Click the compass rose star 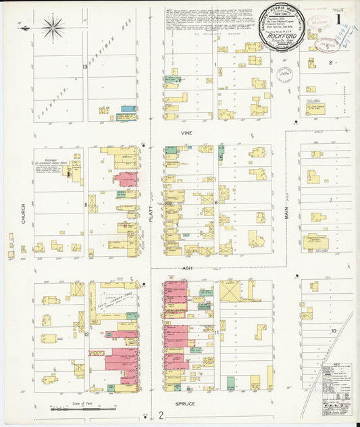[53, 27]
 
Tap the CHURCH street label [23, 214]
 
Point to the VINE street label [186, 133]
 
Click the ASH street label [187, 268]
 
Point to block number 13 [85, 66]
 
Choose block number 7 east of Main [330, 201]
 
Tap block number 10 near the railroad [333, 331]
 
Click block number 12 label [86, 334]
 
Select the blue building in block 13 [128, 108]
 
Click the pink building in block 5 [126, 180]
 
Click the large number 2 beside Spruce [161, 414]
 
